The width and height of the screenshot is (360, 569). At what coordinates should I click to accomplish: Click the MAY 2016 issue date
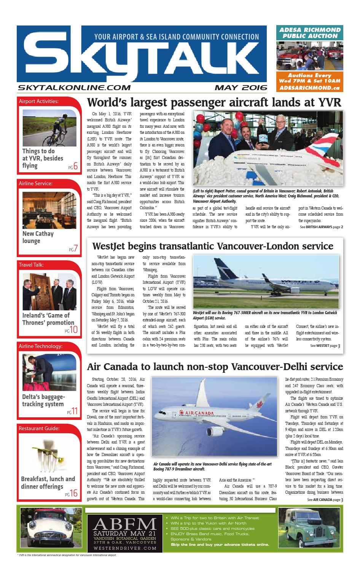(x=241, y=87)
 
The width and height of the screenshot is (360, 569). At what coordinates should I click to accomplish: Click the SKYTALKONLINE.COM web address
(x=74, y=87)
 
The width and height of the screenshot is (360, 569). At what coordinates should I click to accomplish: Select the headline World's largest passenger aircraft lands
(x=215, y=103)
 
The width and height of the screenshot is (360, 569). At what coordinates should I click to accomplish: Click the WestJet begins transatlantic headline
(x=213, y=246)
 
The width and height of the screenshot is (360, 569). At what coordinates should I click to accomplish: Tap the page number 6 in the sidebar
(x=75, y=166)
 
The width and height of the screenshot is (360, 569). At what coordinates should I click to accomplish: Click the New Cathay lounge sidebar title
(x=38, y=237)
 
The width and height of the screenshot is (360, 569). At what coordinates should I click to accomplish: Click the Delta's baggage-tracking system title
(x=43, y=400)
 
